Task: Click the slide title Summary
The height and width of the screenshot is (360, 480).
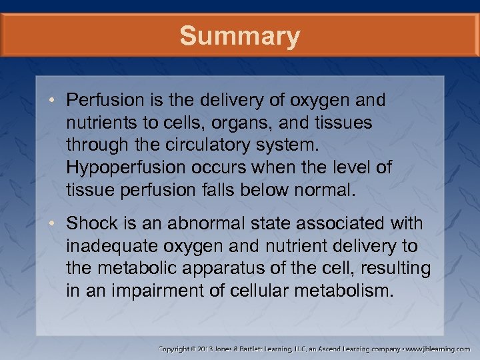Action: pos(240,36)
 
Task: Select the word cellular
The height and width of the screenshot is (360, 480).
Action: pos(257,291)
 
